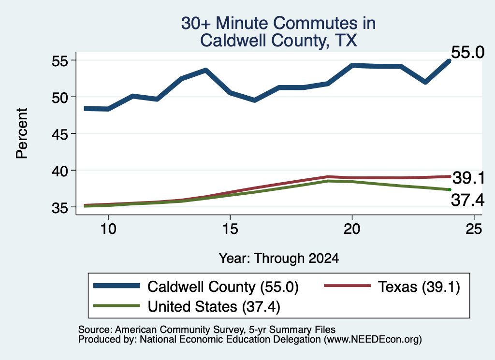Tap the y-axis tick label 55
tap(59, 60)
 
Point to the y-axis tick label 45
tap(59, 134)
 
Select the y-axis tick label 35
tap(59, 208)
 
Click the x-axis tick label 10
tap(108, 229)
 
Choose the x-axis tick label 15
tap(230, 229)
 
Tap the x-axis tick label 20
tap(352, 229)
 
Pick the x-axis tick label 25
tap(474, 229)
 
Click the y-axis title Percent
tap(22, 133)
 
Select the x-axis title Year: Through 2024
tap(279, 258)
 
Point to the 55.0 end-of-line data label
tap(467, 52)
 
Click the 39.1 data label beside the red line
tap(468, 178)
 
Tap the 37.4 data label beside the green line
tap(467, 200)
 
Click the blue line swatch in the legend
tap(116, 286)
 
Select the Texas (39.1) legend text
tap(419, 287)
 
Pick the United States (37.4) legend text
tap(214, 307)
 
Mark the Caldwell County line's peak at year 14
tap(206, 70)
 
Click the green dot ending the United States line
tap(450, 189)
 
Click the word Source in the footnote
tap(93, 330)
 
